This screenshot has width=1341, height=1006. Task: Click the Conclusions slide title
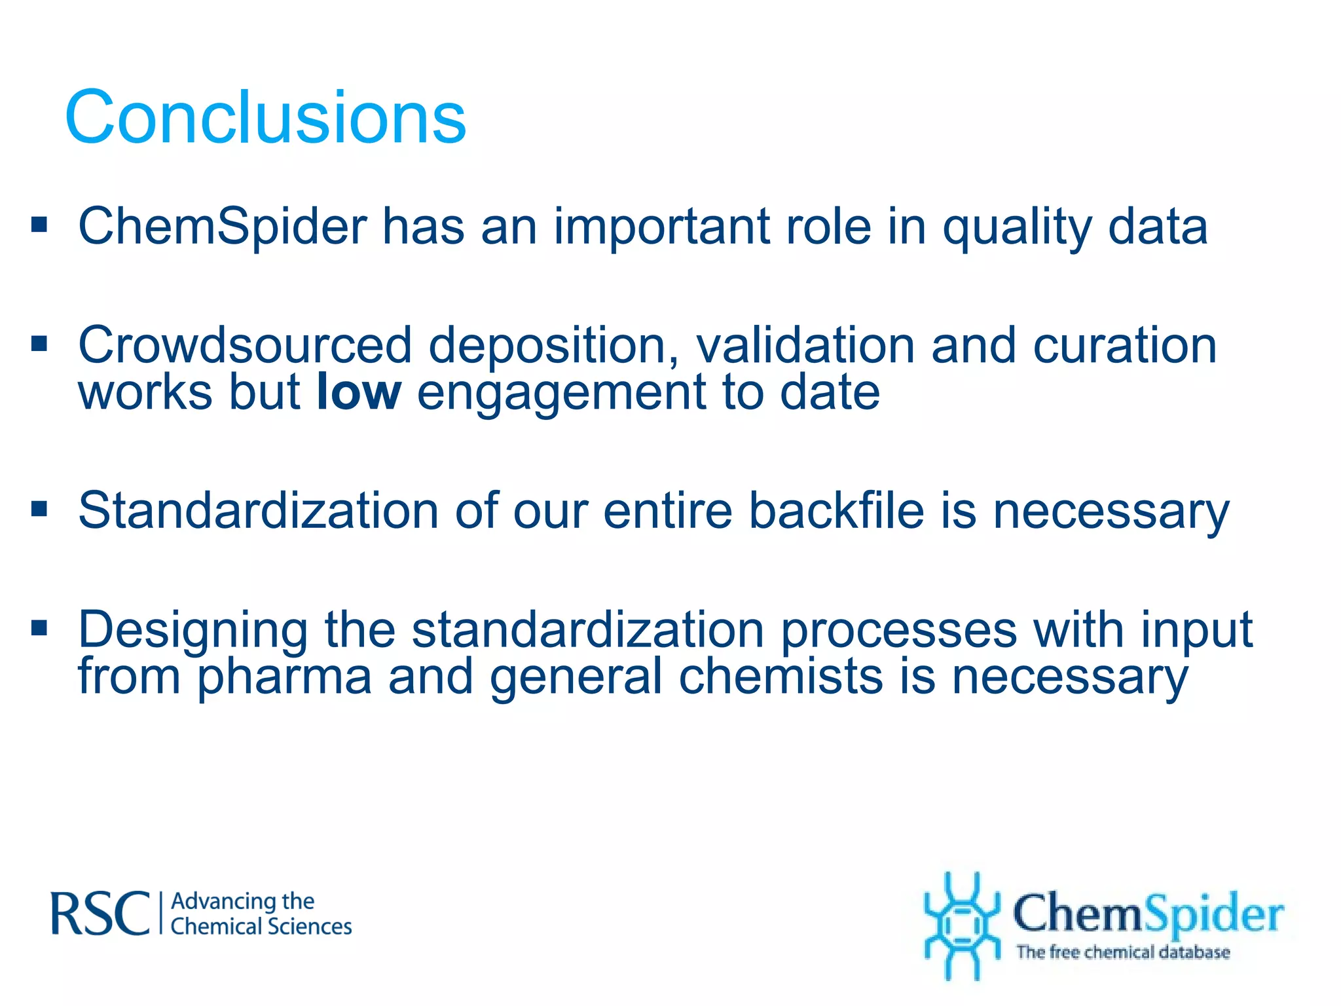click(x=265, y=118)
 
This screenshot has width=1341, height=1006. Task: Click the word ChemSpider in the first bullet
click(x=223, y=227)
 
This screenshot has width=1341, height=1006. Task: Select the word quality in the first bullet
click(x=1017, y=228)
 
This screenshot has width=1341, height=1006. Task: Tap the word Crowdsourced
click(x=245, y=345)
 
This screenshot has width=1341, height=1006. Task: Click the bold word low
click(x=358, y=392)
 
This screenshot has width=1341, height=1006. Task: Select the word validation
click(x=805, y=345)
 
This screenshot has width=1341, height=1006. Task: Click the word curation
click(x=1124, y=345)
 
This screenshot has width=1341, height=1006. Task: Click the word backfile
click(x=836, y=510)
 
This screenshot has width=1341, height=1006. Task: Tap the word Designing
click(x=193, y=631)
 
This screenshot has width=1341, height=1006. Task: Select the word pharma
click(x=284, y=678)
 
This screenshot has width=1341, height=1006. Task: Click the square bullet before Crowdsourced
click(x=39, y=343)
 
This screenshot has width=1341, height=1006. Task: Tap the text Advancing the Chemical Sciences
click(x=261, y=914)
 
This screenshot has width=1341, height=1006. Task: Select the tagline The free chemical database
click(x=1122, y=952)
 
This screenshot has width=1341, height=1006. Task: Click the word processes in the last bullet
click(x=898, y=631)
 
